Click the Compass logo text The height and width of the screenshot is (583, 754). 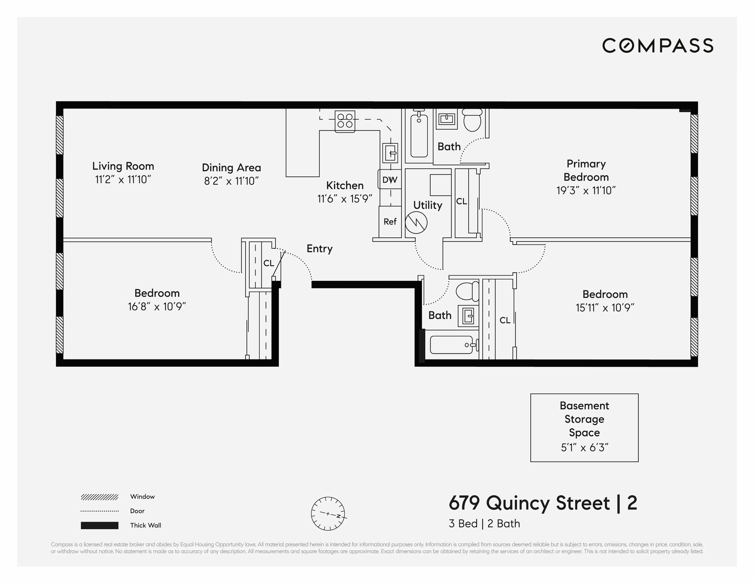(x=658, y=46)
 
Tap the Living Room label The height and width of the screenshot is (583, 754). (x=123, y=166)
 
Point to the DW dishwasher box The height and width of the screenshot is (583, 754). (x=390, y=179)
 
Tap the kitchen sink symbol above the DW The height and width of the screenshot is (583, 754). (x=390, y=153)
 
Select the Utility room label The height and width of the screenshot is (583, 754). (x=427, y=205)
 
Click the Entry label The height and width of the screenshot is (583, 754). (x=319, y=249)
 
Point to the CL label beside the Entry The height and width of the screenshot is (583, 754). (x=269, y=263)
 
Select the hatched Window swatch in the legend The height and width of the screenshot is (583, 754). (x=99, y=497)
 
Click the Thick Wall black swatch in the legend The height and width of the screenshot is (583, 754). (x=99, y=525)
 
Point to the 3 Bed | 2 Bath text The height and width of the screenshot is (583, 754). (x=484, y=524)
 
